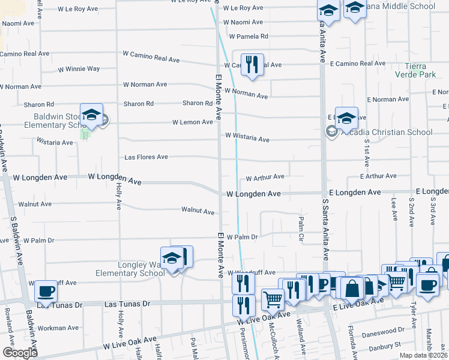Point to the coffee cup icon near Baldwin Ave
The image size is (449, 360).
(46, 292)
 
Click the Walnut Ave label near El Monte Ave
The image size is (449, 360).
(198, 211)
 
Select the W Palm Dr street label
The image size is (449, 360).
(242, 237)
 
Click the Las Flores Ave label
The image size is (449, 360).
(146, 157)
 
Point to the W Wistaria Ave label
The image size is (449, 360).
(247, 138)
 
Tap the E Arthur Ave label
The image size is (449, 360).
(378, 176)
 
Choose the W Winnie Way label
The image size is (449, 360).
(79, 69)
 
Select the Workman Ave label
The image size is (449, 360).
(58, 328)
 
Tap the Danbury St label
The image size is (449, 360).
(384, 346)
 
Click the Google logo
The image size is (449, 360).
(20, 353)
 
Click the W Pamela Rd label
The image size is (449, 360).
(246, 36)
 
